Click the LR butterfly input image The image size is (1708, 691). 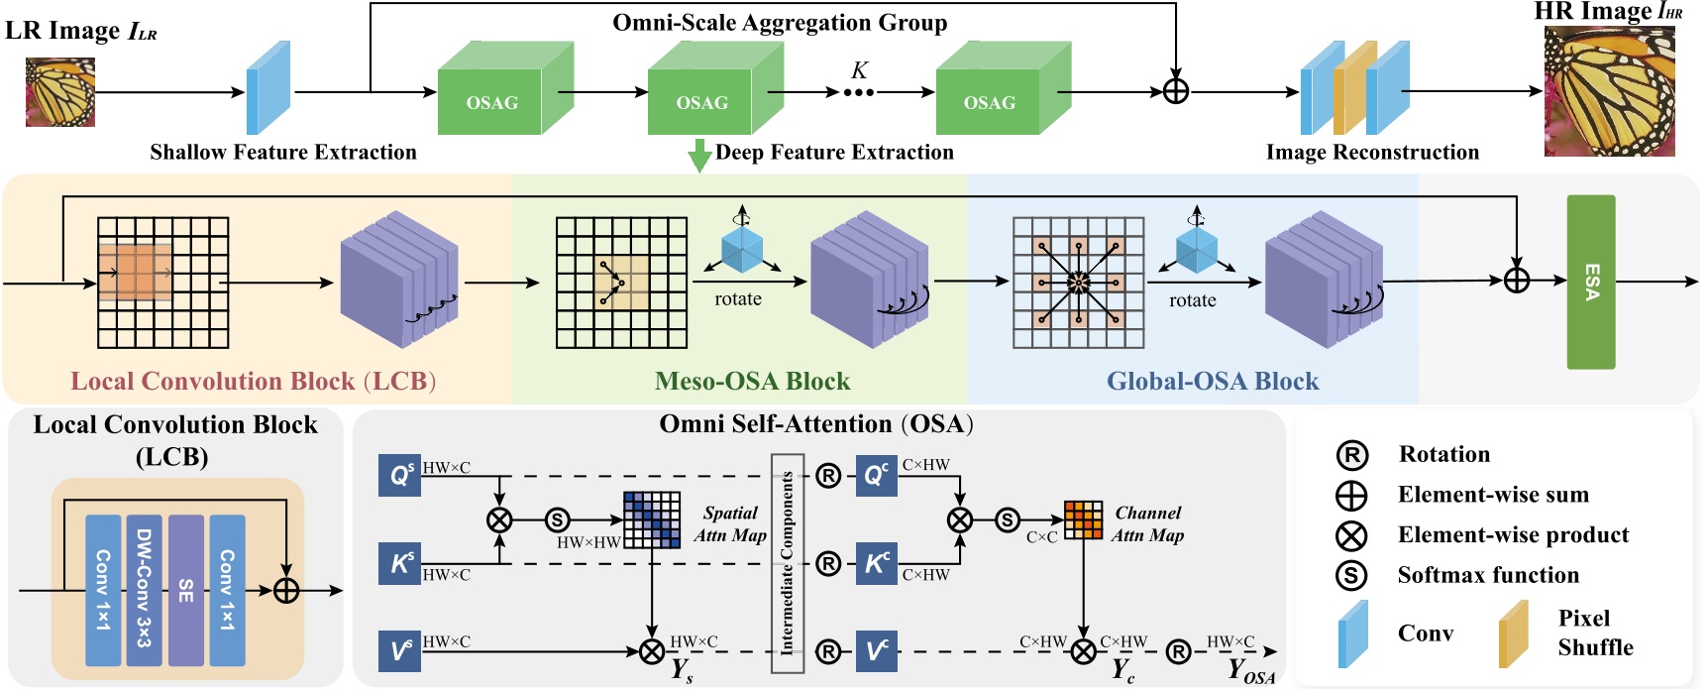[60, 92]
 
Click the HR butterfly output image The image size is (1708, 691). [1609, 92]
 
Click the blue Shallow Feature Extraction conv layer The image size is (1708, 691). [267, 88]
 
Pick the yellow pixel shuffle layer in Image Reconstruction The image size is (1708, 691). [1354, 88]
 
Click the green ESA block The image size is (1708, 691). [1590, 283]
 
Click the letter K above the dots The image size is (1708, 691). [859, 70]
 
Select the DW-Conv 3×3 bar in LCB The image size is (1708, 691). [144, 589]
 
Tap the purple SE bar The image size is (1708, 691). [185, 589]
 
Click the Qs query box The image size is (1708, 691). [399, 476]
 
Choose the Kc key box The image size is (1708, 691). [876, 564]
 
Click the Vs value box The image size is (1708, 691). [399, 651]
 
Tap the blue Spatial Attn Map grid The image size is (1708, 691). [652, 519]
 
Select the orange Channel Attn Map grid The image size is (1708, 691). [1083, 519]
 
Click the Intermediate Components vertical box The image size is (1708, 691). [788, 563]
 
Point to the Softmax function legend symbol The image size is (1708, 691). [1351, 575]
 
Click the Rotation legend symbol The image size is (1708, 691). [1351, 455]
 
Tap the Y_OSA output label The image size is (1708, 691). [1250, 671]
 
